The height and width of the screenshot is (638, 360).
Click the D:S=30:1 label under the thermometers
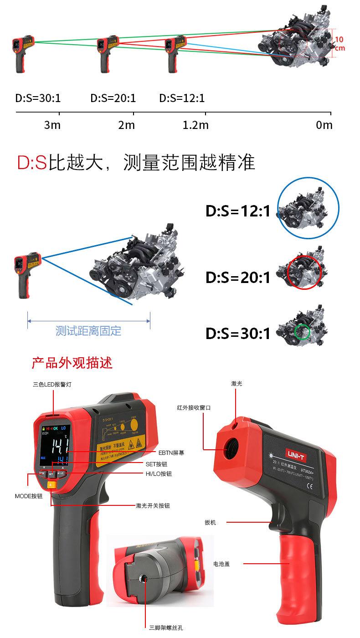coord(38,98)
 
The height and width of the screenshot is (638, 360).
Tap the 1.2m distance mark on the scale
coord(195,125)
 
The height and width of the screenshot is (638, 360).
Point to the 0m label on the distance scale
coord(324,125)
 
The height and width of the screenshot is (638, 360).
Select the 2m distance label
coord(126,125)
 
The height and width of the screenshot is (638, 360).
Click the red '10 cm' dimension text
coord(339,44)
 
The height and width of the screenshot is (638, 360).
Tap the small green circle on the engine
coord(301,331)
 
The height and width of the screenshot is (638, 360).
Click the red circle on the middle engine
coord(304,272)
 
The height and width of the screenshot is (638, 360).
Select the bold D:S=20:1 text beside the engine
coord(238,277)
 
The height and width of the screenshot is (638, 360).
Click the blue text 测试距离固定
coord(88,330)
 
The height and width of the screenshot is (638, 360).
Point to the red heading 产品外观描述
coord(72,363)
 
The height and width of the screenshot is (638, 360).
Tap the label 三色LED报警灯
coord(52,385)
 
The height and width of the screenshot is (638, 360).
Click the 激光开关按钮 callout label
coord(155,505)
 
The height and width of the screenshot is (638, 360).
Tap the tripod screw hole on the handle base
coord(145,579)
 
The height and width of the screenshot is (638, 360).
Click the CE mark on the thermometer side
coord(308,486)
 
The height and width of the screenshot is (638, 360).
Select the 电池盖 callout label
coord(221,564)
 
